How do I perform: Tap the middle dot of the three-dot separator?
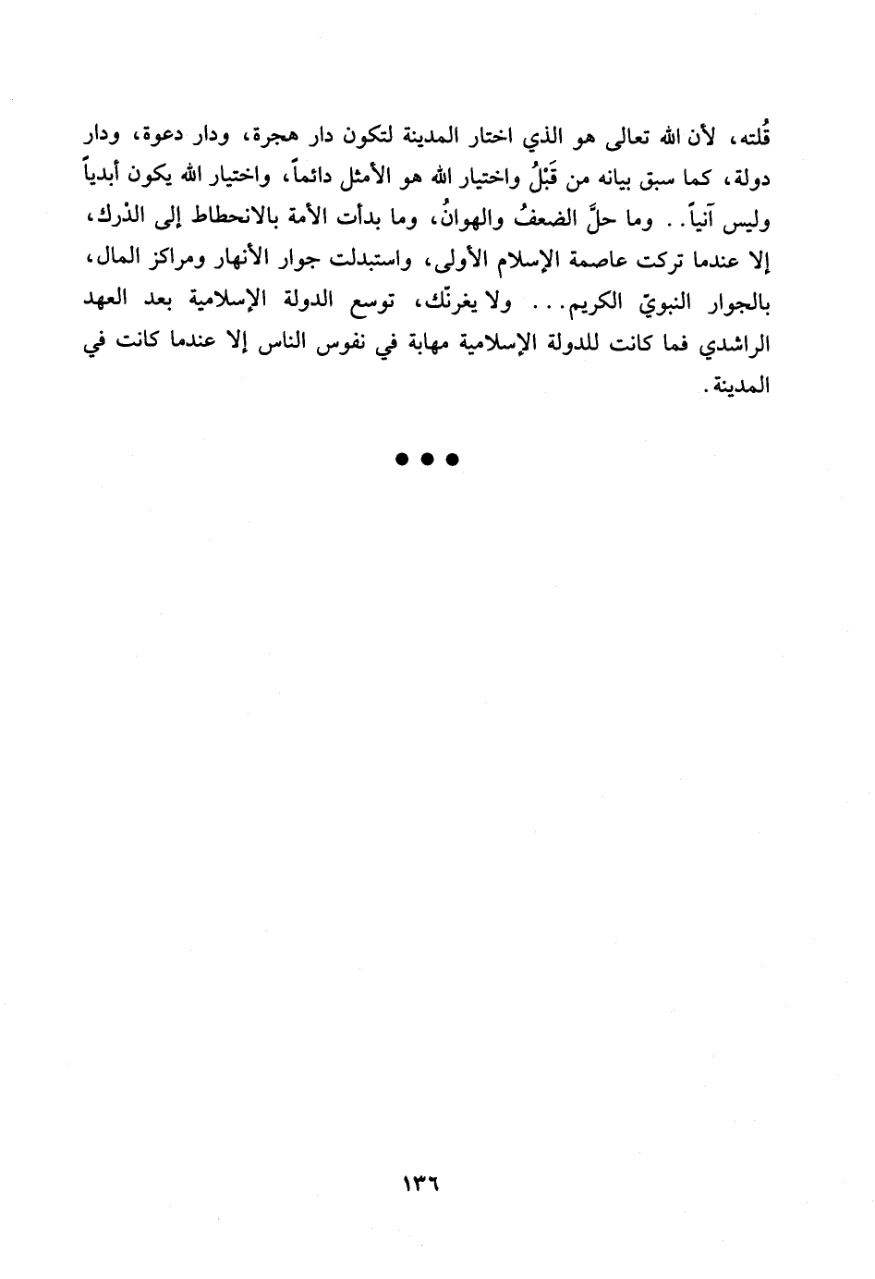427,459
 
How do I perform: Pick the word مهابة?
428,345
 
